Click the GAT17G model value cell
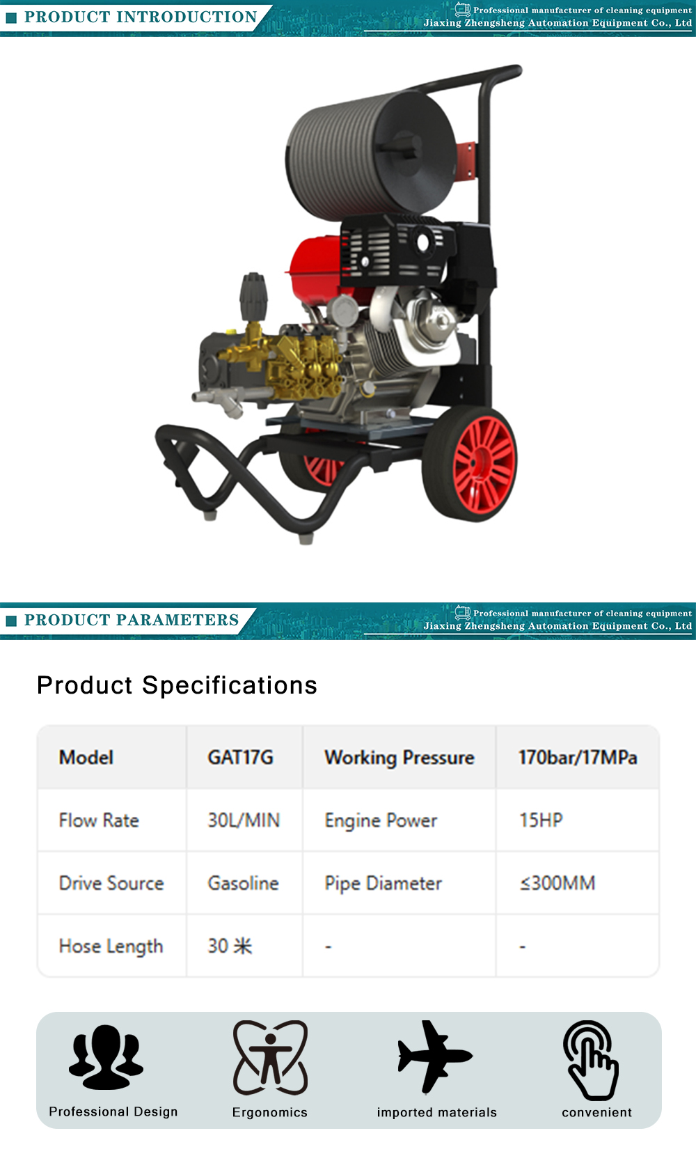pos(240,757)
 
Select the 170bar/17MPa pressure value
pos(578,757)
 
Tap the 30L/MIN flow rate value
pos(244,820)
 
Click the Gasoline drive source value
pos(243,882)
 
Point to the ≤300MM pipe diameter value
pos(557,882)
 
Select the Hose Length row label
pos(111,946)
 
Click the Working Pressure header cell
pos(399,758)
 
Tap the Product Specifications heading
pos(177,685)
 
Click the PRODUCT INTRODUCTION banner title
pos(141,17)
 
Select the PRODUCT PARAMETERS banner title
pos(132,619)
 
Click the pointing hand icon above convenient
pos(591,1060)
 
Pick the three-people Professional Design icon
pos(106,1056)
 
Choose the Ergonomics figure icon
pos(270,1057)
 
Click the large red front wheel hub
pos(484,465)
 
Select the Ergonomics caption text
pos(270,1112)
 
